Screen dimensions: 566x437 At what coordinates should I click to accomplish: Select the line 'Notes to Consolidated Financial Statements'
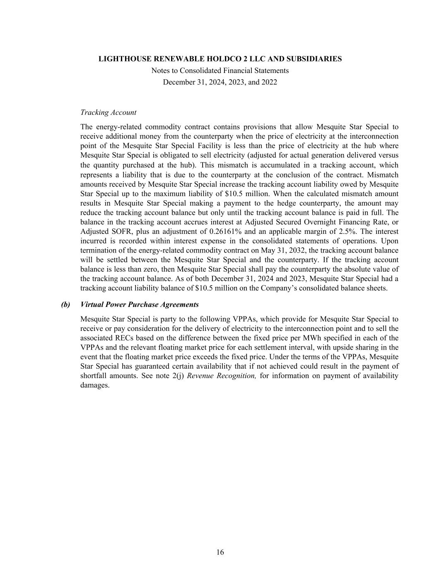[x=220, y=70]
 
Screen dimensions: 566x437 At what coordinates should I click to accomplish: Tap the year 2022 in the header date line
[x=268, y=82]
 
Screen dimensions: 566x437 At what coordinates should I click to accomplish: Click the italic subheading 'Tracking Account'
[x=108, y=112]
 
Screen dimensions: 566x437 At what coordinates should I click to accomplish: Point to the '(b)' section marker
[x=65, y=305]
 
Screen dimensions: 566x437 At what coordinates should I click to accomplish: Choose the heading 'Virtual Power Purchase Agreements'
[x=140, y=305]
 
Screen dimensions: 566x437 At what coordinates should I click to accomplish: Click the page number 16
[x=220, y=552]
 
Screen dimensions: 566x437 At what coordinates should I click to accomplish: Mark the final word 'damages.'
[x=95, y=385]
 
